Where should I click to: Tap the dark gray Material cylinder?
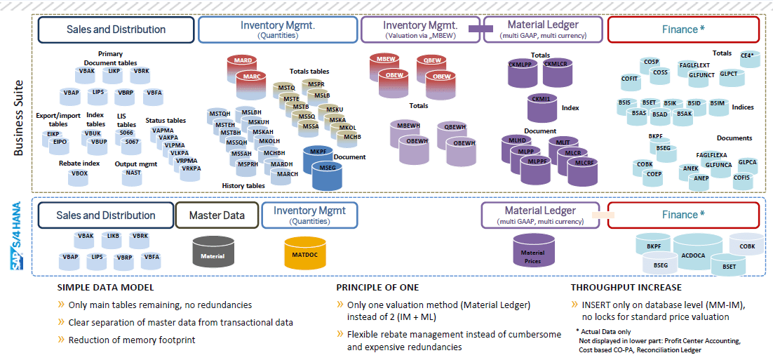tap(213, 253)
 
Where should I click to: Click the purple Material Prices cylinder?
tap(533, 255)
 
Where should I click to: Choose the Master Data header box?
tap(216, 215)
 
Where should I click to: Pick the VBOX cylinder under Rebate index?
tap(79, 176)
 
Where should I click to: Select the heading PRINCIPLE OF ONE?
tap(377, 288)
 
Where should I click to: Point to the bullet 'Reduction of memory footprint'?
tap(131, 340)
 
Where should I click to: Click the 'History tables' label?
tap(243, 186)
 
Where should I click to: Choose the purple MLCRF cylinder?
tap(584, 168)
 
